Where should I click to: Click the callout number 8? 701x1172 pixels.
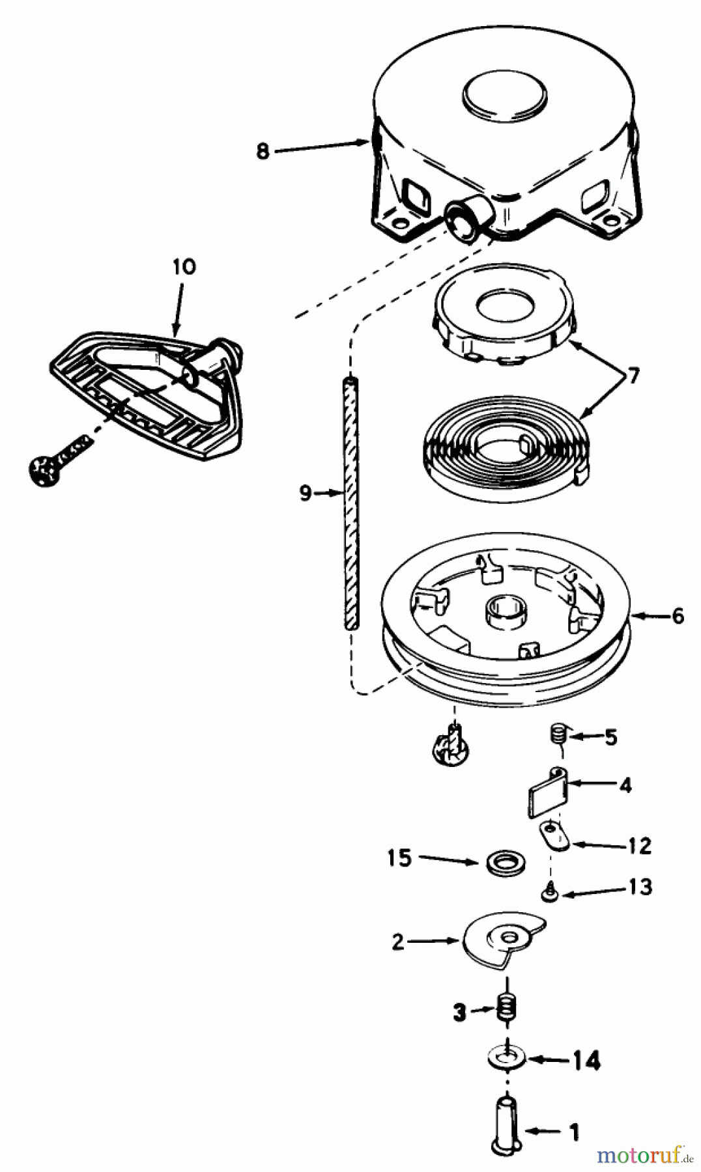point(263,151)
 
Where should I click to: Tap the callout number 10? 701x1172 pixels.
point(184,267)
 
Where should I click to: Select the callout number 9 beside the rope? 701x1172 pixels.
point(305,493)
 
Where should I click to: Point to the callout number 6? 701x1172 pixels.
point(678,615)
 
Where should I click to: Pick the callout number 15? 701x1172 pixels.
point(399,858)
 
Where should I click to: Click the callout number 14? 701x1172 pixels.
point(586,1061)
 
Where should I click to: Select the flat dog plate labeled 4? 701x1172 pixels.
point(546,794)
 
